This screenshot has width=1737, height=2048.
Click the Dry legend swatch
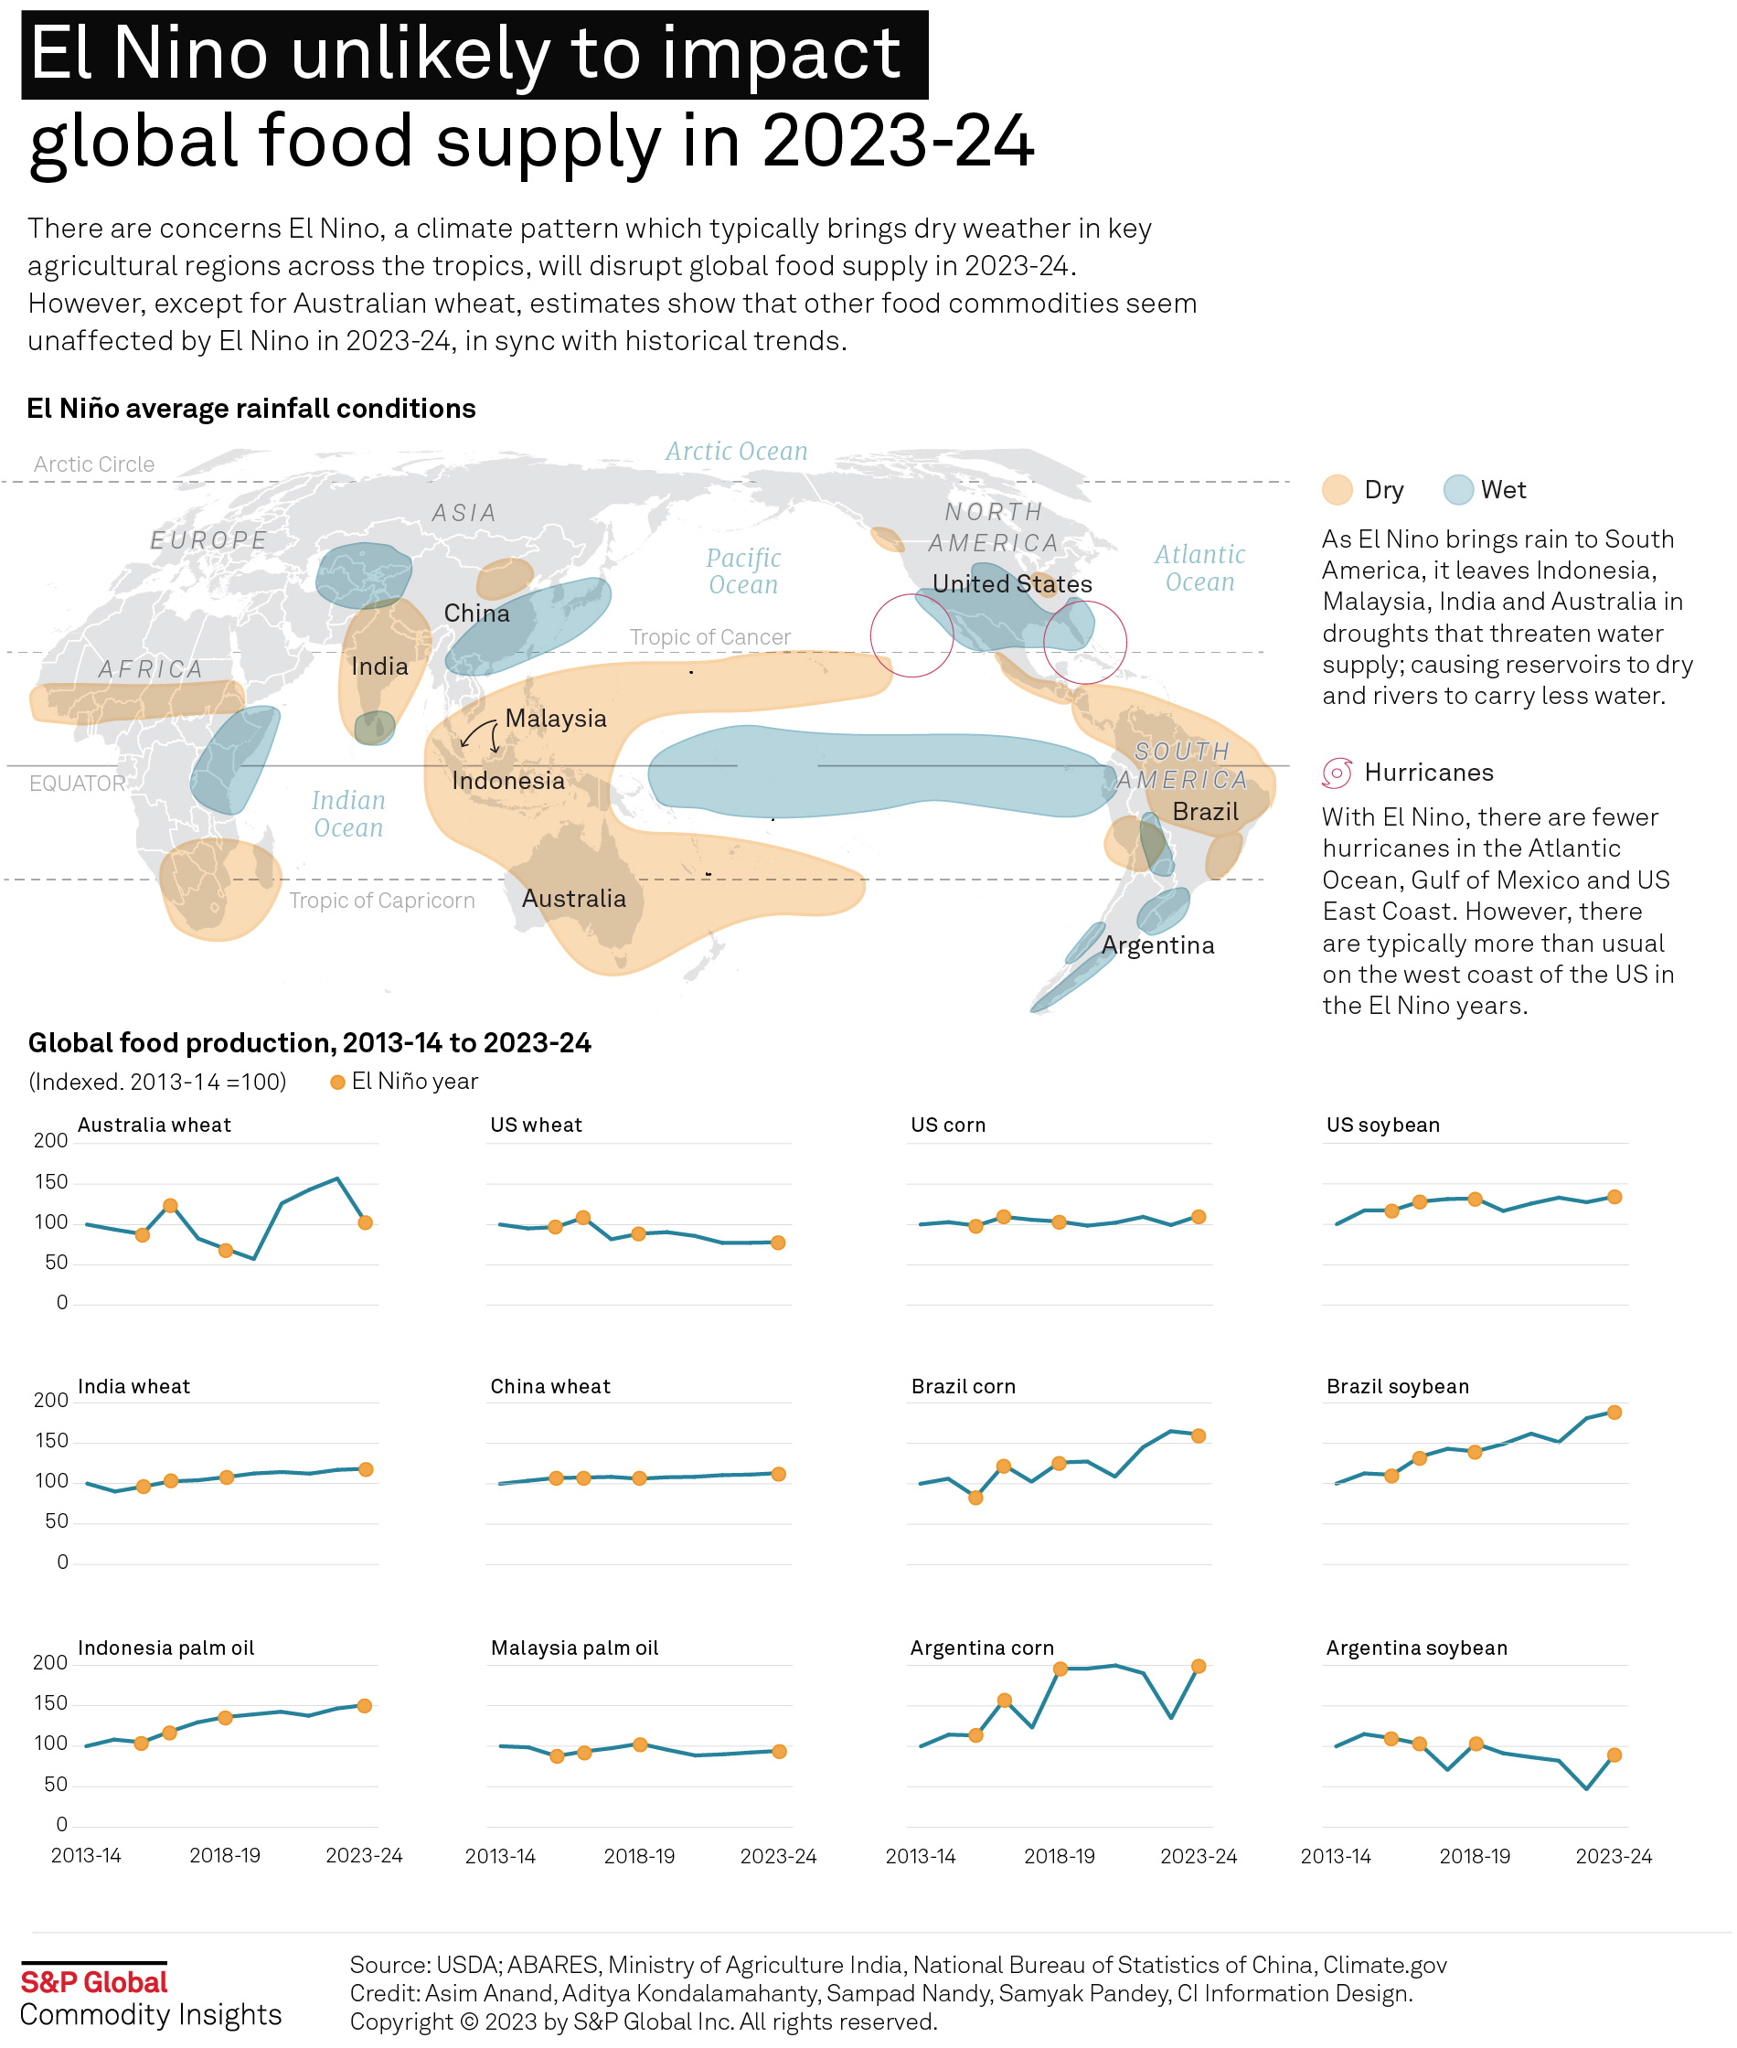pos(1337,490)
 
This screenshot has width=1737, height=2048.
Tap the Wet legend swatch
pos(1458,490)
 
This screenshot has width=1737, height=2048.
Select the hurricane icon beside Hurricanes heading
pos(1337,773)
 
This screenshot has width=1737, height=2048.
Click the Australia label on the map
pos(573,899)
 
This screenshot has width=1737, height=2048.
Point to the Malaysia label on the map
pos(555,719)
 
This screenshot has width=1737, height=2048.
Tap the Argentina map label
pos(1158,946)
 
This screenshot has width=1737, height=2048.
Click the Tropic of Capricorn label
pos(382,901)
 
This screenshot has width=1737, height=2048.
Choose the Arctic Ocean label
pos(736,452)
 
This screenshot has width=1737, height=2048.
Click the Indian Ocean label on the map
pos(347,815)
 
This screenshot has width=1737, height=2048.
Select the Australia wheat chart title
pos(154,1125)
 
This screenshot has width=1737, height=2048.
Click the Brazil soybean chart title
pos(1397,1387)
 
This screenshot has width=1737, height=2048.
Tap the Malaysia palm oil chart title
pos(574,1648)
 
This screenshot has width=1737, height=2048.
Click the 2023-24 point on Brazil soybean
pos(1614,1413)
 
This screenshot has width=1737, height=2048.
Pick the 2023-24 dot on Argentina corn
pos(1199,1667)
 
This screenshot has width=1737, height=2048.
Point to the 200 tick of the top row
pos(50,1141)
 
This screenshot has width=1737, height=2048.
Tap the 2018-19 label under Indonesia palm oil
pos(225,1856)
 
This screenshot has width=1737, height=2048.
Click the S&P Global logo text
pos(94,1982)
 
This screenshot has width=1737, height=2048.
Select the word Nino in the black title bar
pos(190,54)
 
